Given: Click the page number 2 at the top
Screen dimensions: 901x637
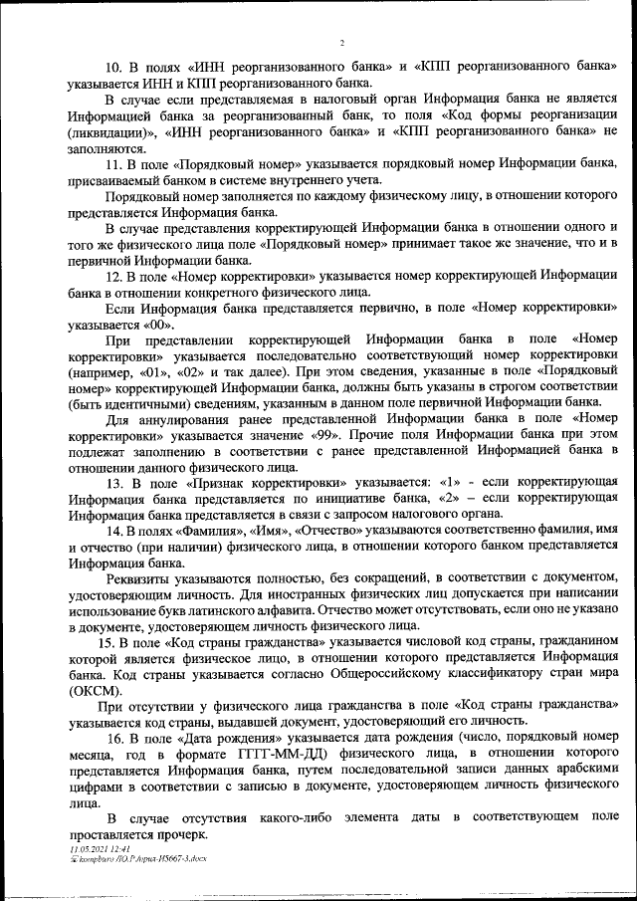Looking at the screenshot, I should [x=340, y=43].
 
